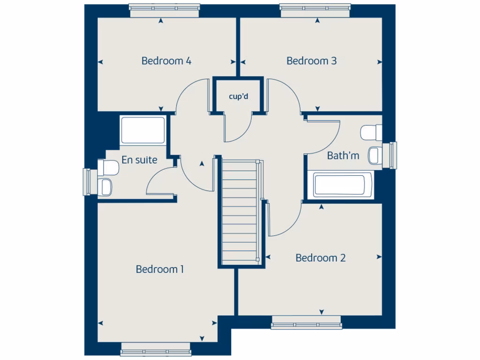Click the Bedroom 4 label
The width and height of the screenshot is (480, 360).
point(166,61)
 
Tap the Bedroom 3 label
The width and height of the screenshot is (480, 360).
point(311,61)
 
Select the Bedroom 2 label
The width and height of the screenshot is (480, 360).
point(321,258)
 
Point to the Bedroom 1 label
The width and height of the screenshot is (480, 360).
point(160,269)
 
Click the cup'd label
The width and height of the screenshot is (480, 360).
point(238,97)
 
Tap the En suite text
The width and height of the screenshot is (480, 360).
point(139,160)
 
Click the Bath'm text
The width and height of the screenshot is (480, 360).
point(343,156)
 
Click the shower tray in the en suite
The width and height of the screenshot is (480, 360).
point(143,130)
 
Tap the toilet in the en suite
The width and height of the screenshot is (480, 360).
point(109,167)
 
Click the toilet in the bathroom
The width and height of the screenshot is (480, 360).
point(371,132)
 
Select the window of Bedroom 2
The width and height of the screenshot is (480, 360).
point(307,322)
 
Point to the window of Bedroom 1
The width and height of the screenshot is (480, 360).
point(156,349)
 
